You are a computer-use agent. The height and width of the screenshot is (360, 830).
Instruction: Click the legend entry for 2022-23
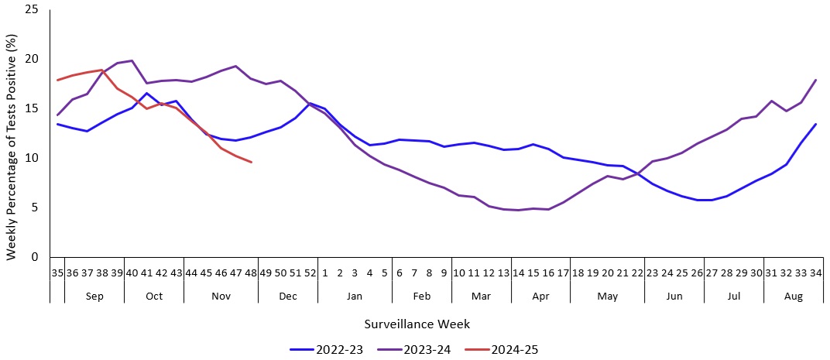tap(326, 350)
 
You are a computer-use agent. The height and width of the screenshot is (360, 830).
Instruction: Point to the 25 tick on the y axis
tap(32, 9)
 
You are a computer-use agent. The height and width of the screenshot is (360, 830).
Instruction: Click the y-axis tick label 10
tap(32, 158)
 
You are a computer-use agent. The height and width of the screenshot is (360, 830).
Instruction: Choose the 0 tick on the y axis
tap(36, 257)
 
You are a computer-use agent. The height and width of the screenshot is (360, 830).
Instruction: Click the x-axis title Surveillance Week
tap(417, 324)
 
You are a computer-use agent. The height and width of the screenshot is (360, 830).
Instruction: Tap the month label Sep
tap(94, 297)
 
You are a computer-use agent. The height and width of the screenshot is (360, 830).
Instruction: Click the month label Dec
tap(287, 297)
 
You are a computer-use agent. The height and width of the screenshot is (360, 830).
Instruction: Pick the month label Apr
tap(540, 297)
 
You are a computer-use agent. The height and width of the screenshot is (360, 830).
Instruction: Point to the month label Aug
tap(793, 297)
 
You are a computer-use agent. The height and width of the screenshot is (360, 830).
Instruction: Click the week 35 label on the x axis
tap(57, 273)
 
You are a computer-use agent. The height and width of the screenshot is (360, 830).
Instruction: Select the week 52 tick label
tap(310, 273)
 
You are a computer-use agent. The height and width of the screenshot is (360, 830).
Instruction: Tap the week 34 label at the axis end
tap(815, 273)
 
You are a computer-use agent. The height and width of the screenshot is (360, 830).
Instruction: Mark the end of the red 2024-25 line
tap(251, 162)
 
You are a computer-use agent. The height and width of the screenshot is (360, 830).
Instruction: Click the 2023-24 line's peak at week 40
tap(132, 60)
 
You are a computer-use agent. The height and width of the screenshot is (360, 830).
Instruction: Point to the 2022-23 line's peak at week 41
tap(147, 93)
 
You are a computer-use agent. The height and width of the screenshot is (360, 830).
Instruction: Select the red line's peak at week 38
tap(102, 70)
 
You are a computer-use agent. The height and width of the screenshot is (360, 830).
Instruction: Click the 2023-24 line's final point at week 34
tap(815, 80)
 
